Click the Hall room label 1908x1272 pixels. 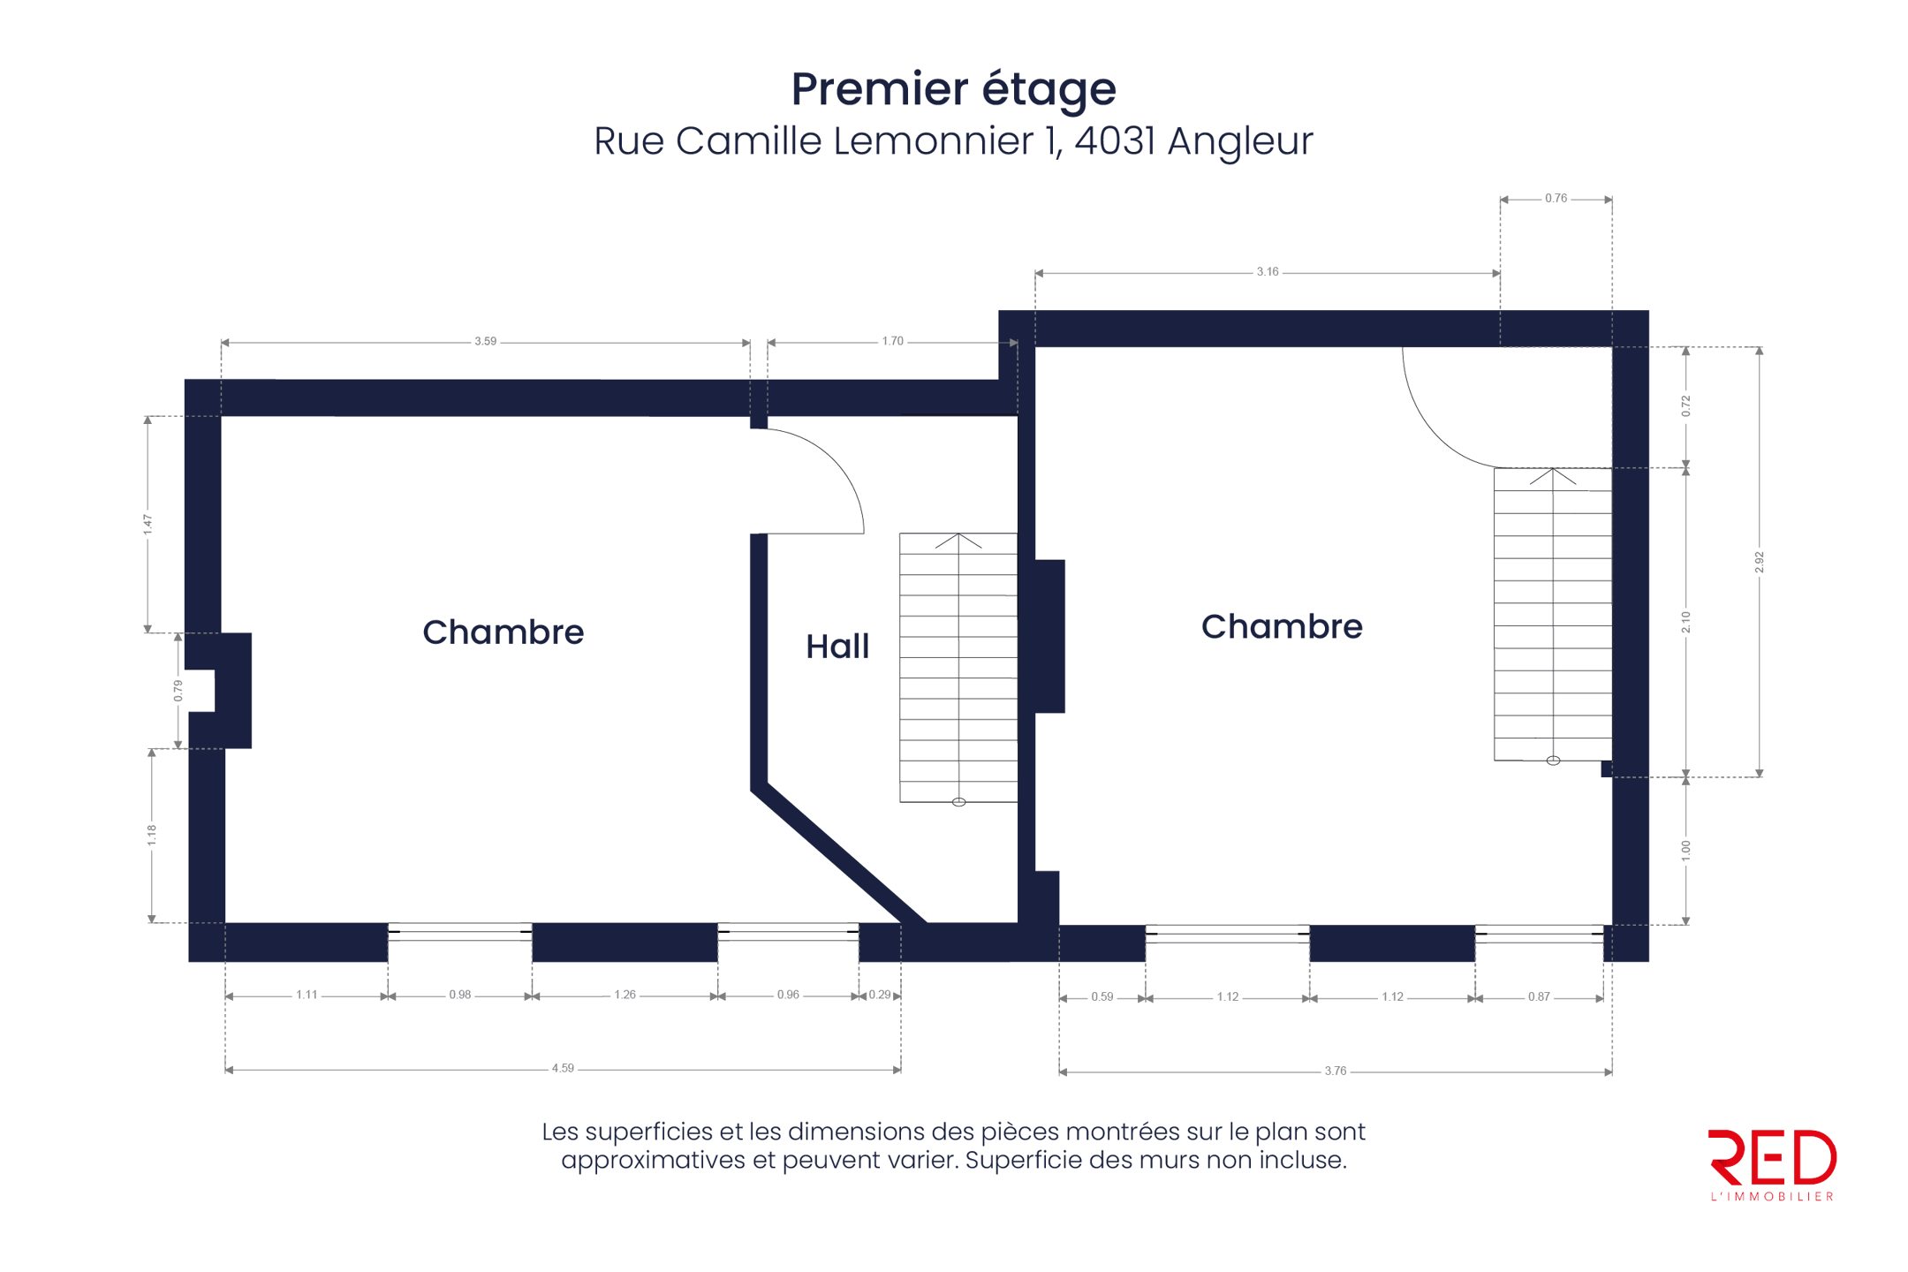[837, 647]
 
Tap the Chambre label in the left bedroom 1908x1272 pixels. [503, 632]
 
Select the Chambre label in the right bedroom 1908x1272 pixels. [1282, 626]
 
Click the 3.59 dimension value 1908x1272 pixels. [485, 341]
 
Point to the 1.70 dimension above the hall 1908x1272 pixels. [892, 341]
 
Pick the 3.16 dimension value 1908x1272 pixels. [1267, 272]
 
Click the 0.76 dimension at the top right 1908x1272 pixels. [1556, 199]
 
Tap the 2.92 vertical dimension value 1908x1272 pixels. [1759, 562]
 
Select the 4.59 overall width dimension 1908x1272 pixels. [563, 1069]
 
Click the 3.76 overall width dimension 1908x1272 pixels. [1335, 1071]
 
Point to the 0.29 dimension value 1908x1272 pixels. [880, 996]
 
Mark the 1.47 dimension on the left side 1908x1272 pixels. [148, 525]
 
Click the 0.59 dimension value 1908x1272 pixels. [1102, 997]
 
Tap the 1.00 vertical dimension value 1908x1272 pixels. [1685, 851]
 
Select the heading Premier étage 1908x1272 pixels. [953, 89]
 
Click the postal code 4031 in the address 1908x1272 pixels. [1115, 141]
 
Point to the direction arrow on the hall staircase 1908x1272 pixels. [958, 541]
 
